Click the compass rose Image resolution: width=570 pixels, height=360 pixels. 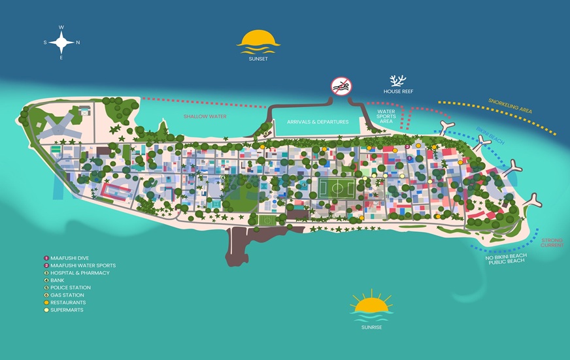pyautogui.click(x=61, y=43)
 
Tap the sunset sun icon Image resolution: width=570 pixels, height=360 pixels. pyautogui.click(x=258, y=41)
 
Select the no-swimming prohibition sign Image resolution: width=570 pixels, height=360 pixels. pyautogui.click(x=341, y=86)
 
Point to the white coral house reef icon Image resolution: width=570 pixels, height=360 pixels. pyautogui.click(x=397, y=81)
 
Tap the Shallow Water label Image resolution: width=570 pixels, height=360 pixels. pyautogui.click(x=205, y=116)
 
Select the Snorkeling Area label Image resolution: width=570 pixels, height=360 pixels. pyautogui.click(x=510, y=106)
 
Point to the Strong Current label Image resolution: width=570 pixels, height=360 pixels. pyautogui.click(x=552, y=242)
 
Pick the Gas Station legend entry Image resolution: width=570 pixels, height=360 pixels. pyautogui.click(x=67, y=295)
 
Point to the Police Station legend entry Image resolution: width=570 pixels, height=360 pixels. pyautogui.click(x=71, y=287)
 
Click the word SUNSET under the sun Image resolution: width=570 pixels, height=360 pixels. pyautogui.click(x=258, y=58)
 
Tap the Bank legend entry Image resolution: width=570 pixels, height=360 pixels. pyautogui.click(x=59, y=280)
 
